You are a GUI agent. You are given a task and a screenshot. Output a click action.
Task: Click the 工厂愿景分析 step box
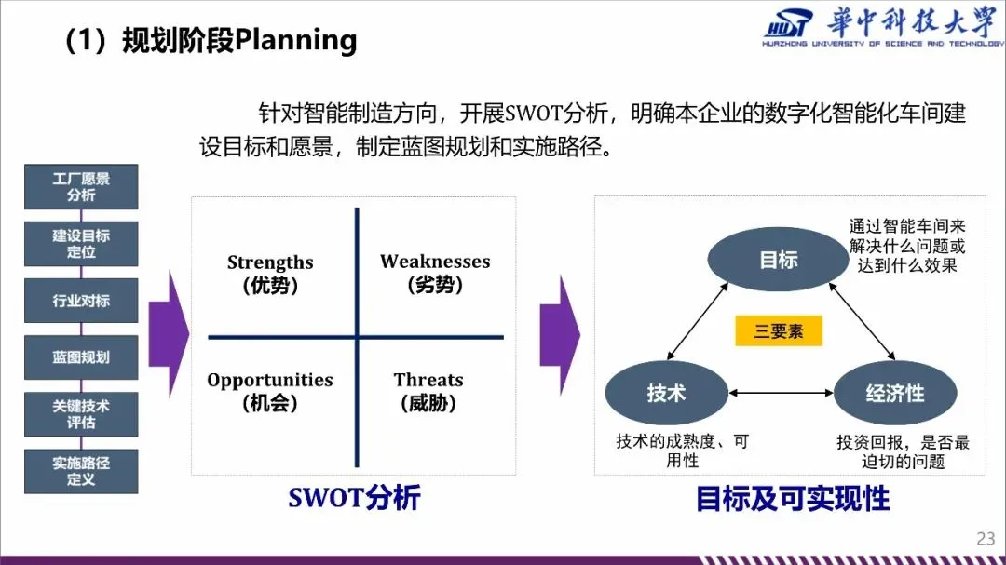[x=81, y=186]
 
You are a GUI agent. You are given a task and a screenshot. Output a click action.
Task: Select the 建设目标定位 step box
[x=81, y=244]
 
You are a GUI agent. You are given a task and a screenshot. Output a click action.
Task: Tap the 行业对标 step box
[x=81, y=301]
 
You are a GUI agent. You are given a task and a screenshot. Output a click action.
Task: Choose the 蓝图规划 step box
[x=81, y=357]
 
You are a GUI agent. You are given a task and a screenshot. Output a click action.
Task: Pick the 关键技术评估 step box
[x=81, y=414]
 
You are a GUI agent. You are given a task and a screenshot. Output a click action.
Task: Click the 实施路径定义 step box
[x=81, y=471]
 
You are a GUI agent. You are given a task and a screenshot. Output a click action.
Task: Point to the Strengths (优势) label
[x=270, y=274]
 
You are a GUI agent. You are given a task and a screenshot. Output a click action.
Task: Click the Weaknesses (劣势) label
[x=435, y=273]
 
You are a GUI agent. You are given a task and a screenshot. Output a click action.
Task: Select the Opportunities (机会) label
[x=270, y=391]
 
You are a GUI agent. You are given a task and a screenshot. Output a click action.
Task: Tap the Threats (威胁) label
[x=428, y=391]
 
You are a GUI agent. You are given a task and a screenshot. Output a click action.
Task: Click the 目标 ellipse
[x=779, y=260]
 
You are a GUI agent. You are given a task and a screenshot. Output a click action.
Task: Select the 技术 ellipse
[x=666, y=393]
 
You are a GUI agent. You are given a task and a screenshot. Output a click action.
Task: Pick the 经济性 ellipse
[x=894, y=393]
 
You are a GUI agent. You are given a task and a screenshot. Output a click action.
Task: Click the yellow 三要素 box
[x=779, y=330]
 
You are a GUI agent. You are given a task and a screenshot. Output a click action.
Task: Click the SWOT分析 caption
[x=354, y=498]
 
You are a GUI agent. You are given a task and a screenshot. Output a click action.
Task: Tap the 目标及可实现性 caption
[x=793, y=499]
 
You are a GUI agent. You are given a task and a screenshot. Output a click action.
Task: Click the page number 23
[x=986, y=538]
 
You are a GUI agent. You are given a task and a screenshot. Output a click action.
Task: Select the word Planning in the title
[x=296, y=41]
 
